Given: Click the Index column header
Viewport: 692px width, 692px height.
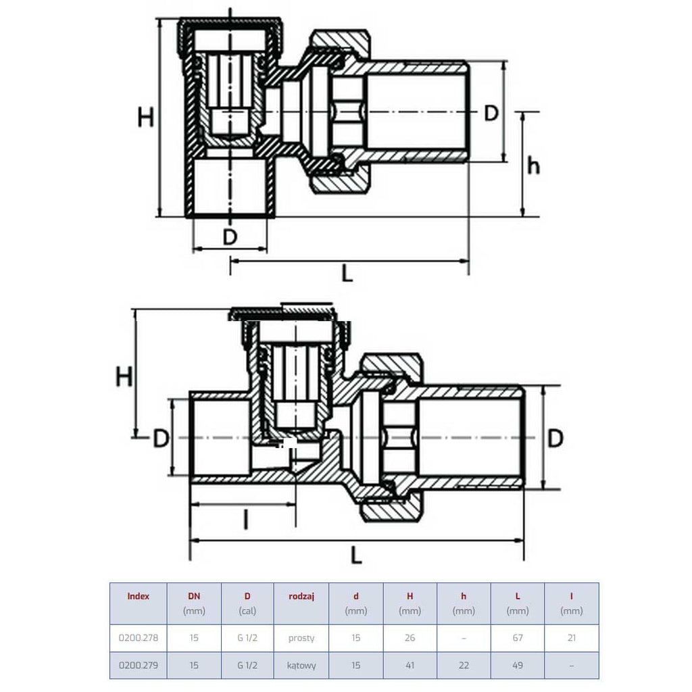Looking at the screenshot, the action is coord(138,596).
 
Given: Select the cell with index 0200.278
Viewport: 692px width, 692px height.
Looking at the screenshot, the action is coord(138,638).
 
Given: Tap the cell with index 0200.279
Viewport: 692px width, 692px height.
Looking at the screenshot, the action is coord(138,665).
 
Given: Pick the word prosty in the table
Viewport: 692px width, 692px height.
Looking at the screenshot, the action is coord(301,638).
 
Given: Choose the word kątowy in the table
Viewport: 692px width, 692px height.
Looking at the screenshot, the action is coord(301,666).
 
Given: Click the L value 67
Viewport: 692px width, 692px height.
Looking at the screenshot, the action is coord(518,638).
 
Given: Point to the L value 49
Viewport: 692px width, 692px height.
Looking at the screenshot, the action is coord(518,665).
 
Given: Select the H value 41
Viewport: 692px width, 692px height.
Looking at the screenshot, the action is coord(410,665).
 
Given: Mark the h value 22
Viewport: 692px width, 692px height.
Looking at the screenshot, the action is coord(464,665).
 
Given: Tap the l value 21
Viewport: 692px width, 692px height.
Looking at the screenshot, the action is coord(572,638).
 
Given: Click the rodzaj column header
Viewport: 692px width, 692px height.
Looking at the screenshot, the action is coord(301,596).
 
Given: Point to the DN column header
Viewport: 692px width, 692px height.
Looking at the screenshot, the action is coord(194,596).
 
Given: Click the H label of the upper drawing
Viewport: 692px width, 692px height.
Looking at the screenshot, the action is coord(146,118).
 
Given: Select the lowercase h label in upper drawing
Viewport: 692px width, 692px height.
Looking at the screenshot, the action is coord(534,166).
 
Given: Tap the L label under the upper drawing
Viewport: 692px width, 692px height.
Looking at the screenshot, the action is coord(348,274).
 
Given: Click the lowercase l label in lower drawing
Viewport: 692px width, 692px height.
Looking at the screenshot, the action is coord(246,520).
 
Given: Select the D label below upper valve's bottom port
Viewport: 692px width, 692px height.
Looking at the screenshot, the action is coord(230,237).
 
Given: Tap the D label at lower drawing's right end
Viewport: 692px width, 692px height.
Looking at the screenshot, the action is coord(555,438).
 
